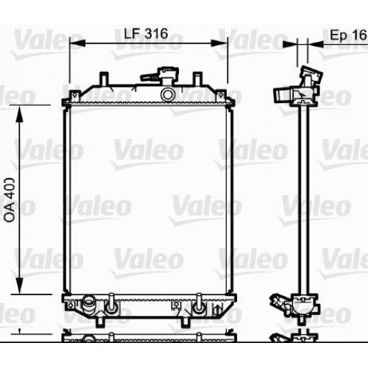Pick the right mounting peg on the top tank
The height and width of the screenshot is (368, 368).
tap(218, 79)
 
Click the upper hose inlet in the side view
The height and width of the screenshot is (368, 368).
tap(286, 95)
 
